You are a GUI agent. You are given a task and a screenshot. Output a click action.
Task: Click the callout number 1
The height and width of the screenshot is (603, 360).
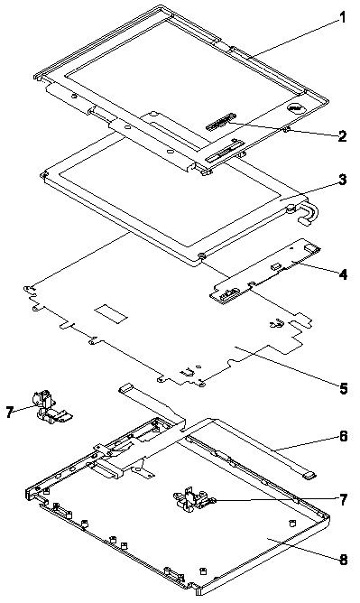point(342,18)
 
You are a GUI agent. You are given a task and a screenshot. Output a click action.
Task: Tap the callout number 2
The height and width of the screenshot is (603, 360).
point(342,136)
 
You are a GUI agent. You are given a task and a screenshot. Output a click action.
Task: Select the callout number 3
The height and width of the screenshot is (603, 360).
point(342,180)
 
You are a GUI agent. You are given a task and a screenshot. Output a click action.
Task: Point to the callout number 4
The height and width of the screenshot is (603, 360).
point(343,274)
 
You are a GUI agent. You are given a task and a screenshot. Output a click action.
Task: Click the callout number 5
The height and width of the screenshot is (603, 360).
point(343,388)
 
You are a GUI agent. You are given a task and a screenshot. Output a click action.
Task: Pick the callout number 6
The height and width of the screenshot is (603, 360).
point(343,437)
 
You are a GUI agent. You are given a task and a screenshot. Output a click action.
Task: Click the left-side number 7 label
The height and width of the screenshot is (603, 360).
point(11,413)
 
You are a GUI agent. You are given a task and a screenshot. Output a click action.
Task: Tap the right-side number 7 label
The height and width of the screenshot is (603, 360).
point(343,500)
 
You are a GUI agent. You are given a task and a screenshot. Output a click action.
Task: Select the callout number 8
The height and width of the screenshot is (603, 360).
point(343,560)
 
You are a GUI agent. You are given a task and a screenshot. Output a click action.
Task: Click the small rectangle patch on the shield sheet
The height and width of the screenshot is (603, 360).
point(111,312)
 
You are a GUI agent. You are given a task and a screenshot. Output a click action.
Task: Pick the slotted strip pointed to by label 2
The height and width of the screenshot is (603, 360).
point(220,121)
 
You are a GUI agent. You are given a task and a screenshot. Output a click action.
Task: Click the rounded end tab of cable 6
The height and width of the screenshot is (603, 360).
point(309,476)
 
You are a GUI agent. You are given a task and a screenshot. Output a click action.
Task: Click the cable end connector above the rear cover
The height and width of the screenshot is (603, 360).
point(126,387)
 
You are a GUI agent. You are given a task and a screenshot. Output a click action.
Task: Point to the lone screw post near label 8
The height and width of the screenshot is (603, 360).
point(292,523)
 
